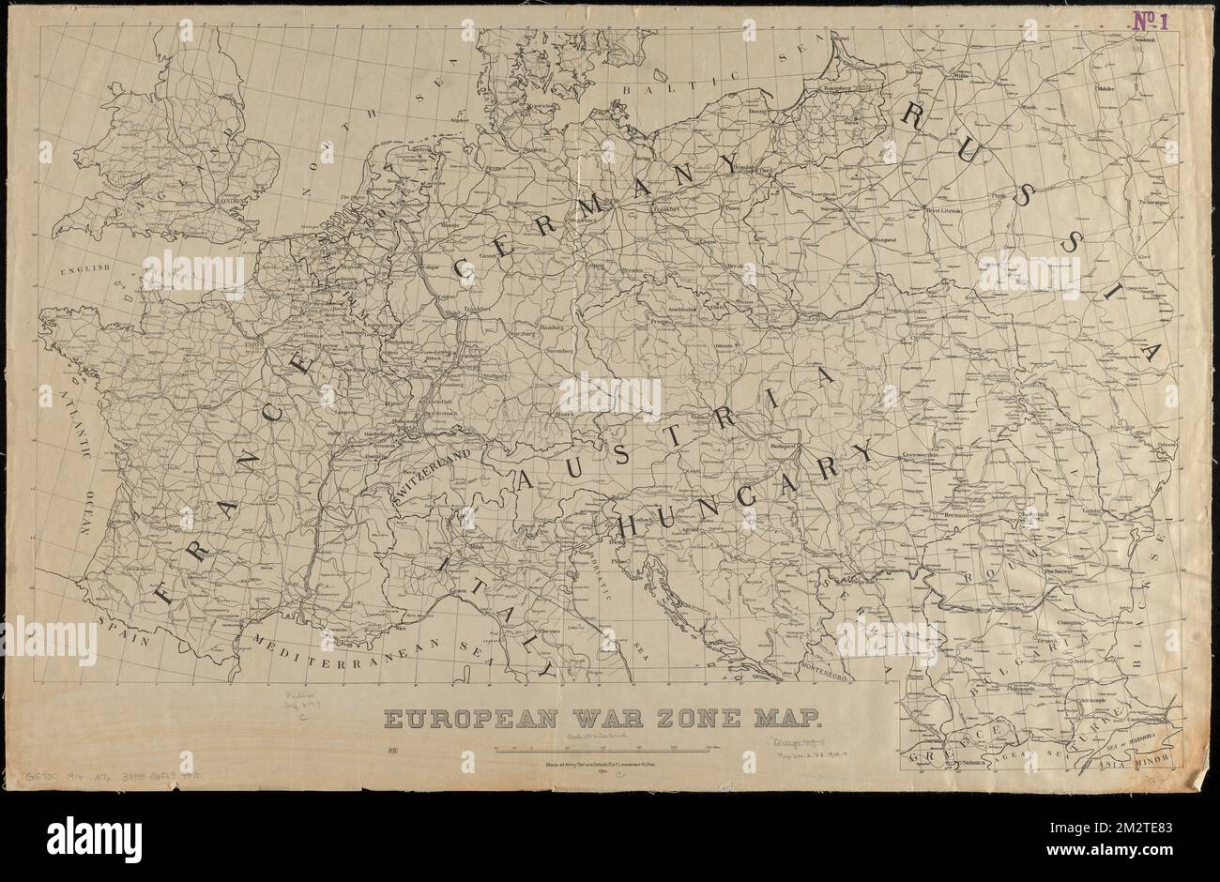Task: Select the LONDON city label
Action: [230, 200]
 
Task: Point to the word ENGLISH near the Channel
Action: [85, 271]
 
